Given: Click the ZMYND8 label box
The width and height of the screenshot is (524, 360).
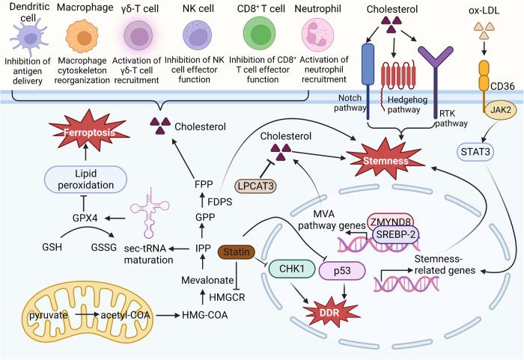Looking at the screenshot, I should point(389,222).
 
